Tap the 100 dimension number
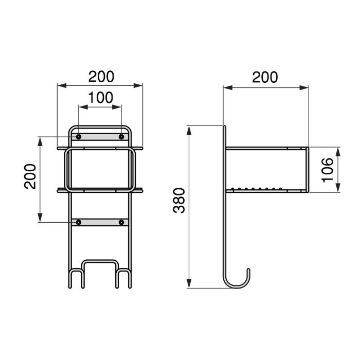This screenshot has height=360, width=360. tap(100, 98)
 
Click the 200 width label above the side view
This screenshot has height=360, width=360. tap(265, 77)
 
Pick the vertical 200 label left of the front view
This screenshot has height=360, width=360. tap(31, 176)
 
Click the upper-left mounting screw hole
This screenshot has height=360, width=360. tap(79, 137)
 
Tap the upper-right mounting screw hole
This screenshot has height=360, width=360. tap(121, 137)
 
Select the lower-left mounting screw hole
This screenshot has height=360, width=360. tap(79, 222)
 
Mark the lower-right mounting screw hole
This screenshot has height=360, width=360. tap(121, 222)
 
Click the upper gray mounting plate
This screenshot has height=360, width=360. tap(100, 137)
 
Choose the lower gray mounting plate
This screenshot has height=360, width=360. tap(100, 222)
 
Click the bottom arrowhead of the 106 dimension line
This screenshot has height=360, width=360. tap(338, 188)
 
